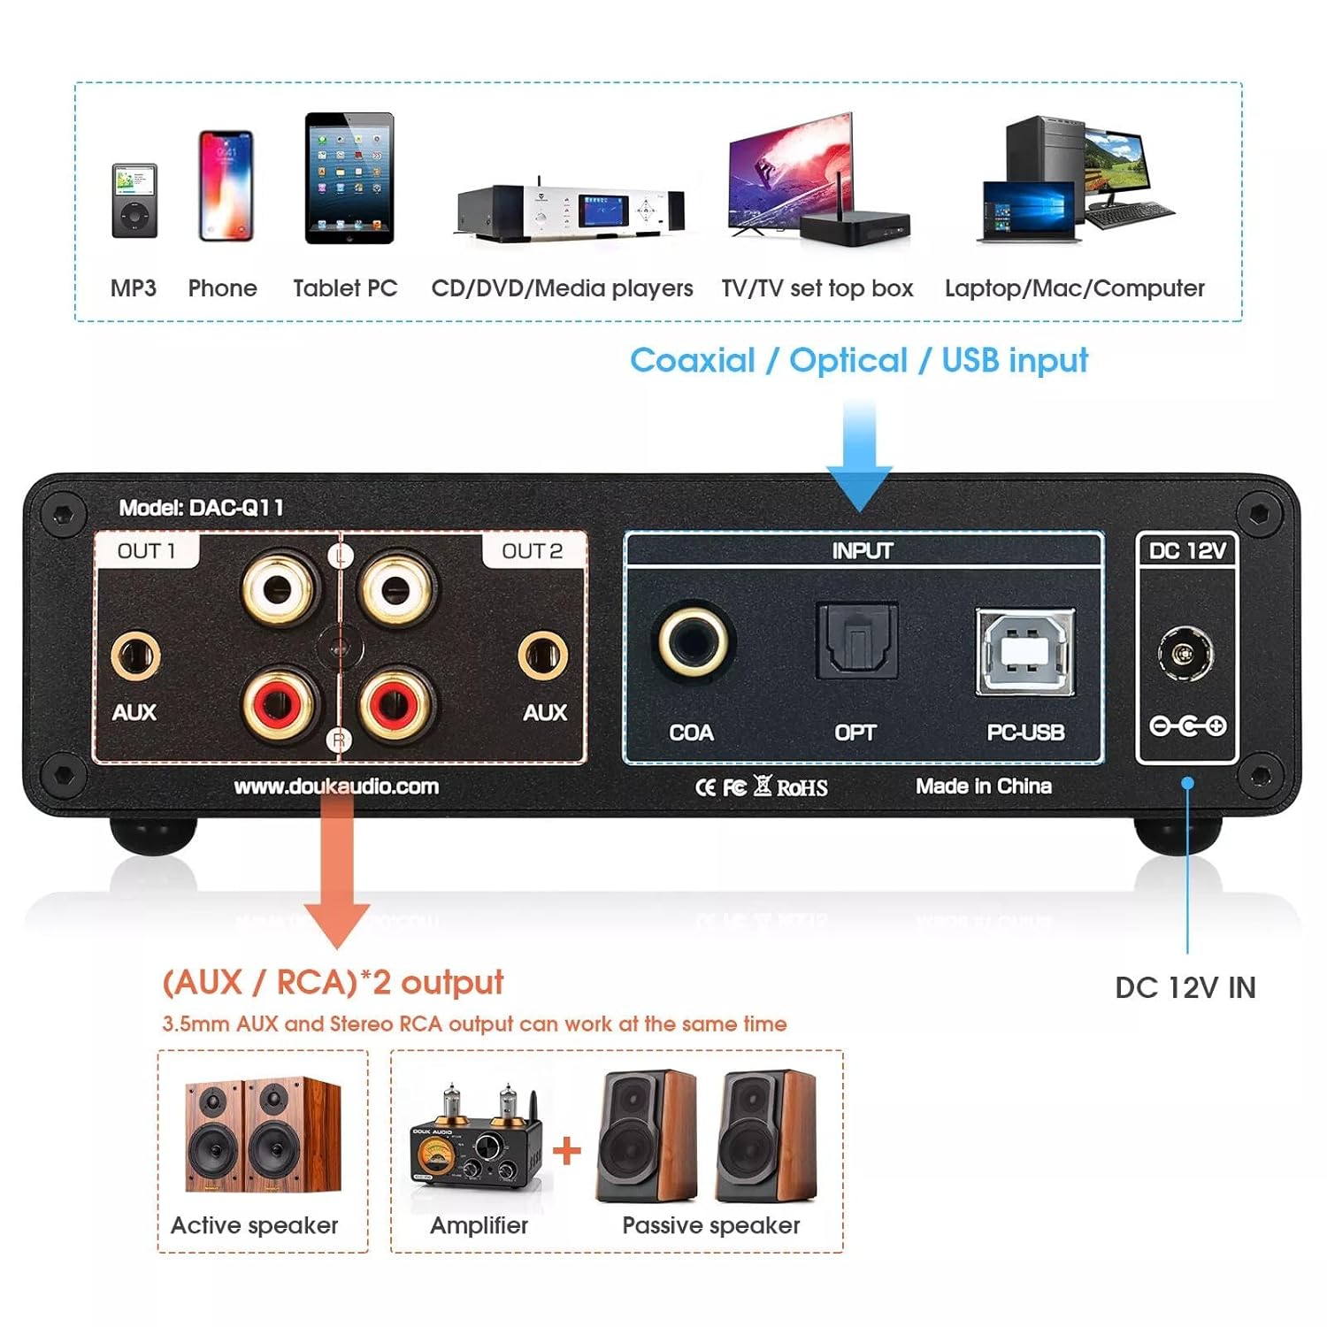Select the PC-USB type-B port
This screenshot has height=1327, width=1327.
pos(1025,651)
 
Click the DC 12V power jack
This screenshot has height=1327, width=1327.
pos(1185,655)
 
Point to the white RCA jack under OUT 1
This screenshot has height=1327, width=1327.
pos(280,588)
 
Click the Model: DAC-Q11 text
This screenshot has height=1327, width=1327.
pos(202,508)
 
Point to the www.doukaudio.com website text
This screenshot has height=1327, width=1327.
pos(336,786)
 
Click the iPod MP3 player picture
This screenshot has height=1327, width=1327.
pos(134,201)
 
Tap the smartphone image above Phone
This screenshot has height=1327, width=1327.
pos(226,186)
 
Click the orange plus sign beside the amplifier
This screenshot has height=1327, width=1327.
pos(567,1150)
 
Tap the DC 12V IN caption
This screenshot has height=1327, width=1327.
pos(1185,987)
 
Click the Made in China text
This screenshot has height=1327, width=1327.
pos(983,786)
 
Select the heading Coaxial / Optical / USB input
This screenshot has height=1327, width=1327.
pos(858,361)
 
